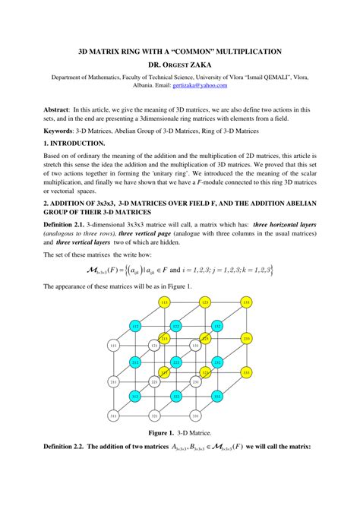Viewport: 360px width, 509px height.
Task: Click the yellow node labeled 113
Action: click(163, 302)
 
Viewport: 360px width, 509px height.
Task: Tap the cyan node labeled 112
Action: click(135, 326)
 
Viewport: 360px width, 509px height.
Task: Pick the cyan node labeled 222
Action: click(175, 362)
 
